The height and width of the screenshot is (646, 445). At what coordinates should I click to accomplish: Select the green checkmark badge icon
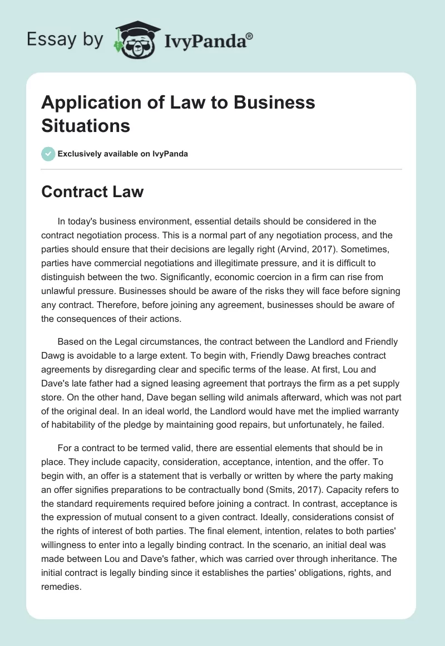point(48,154)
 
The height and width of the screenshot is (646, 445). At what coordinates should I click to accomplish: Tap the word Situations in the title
point(86,125)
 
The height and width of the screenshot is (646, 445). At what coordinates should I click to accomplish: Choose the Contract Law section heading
point(92,192)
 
